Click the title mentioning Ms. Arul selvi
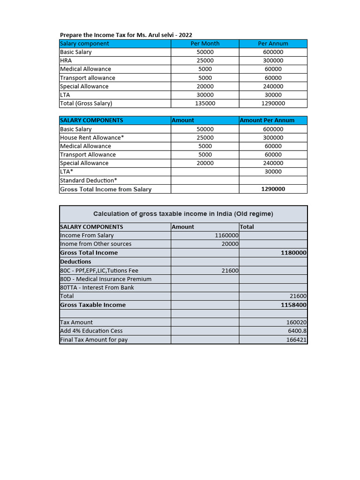pos(126,35)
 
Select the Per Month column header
pos(205,44)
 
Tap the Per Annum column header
pos(273,44)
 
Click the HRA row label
pos(66,60)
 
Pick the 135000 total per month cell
pos(205,103)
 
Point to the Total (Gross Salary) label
pos(86,103)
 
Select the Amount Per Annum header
pos(267,120)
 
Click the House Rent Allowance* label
pos(92,138)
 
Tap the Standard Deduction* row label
pos(89,180)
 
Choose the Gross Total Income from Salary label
pos(105,189)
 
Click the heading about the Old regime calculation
pos(183,214)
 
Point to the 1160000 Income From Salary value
pos(226,235)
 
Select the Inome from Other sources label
pos(96,244)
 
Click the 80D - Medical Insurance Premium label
pos(105,279)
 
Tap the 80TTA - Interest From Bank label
pos(97,287)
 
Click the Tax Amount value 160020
pos(296,322)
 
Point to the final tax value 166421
pos(296,340)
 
